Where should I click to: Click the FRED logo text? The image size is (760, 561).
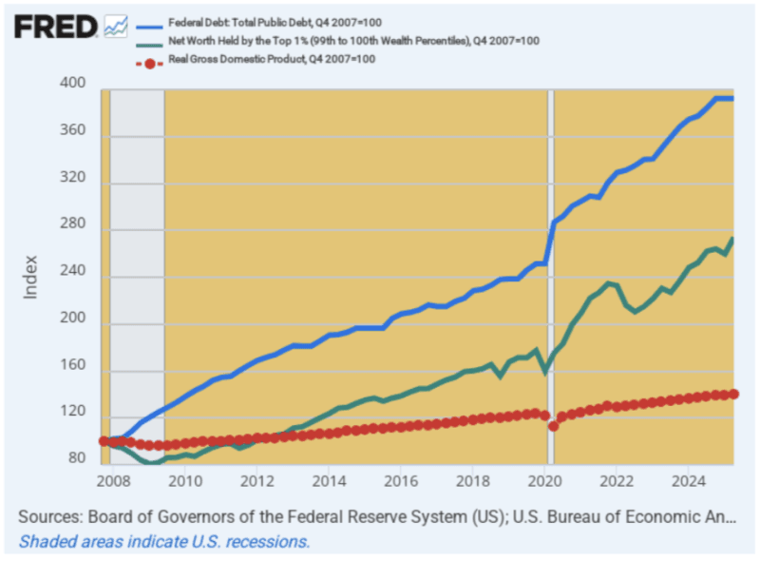pyautogui.click(x=55, y=26)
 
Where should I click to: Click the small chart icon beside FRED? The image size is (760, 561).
pyautogui.click(x=116, y=26)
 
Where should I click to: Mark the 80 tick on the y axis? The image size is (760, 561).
pyautogui.click(x=77, y=458)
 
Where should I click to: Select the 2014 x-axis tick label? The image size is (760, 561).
pyautogui.click(x=329, y=483)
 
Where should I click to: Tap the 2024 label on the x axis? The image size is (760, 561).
pyautogui.click(x=687, y=483)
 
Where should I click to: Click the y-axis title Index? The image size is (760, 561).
pyautogui.click(x=30, y=276)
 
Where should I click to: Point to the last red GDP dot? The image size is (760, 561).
pyautogui.click(x=733, y=394)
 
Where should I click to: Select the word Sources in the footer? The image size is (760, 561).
pyautogui.click(x=48, y=517)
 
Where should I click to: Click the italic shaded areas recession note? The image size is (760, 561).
pyautogui.click(x=163, y=541)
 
